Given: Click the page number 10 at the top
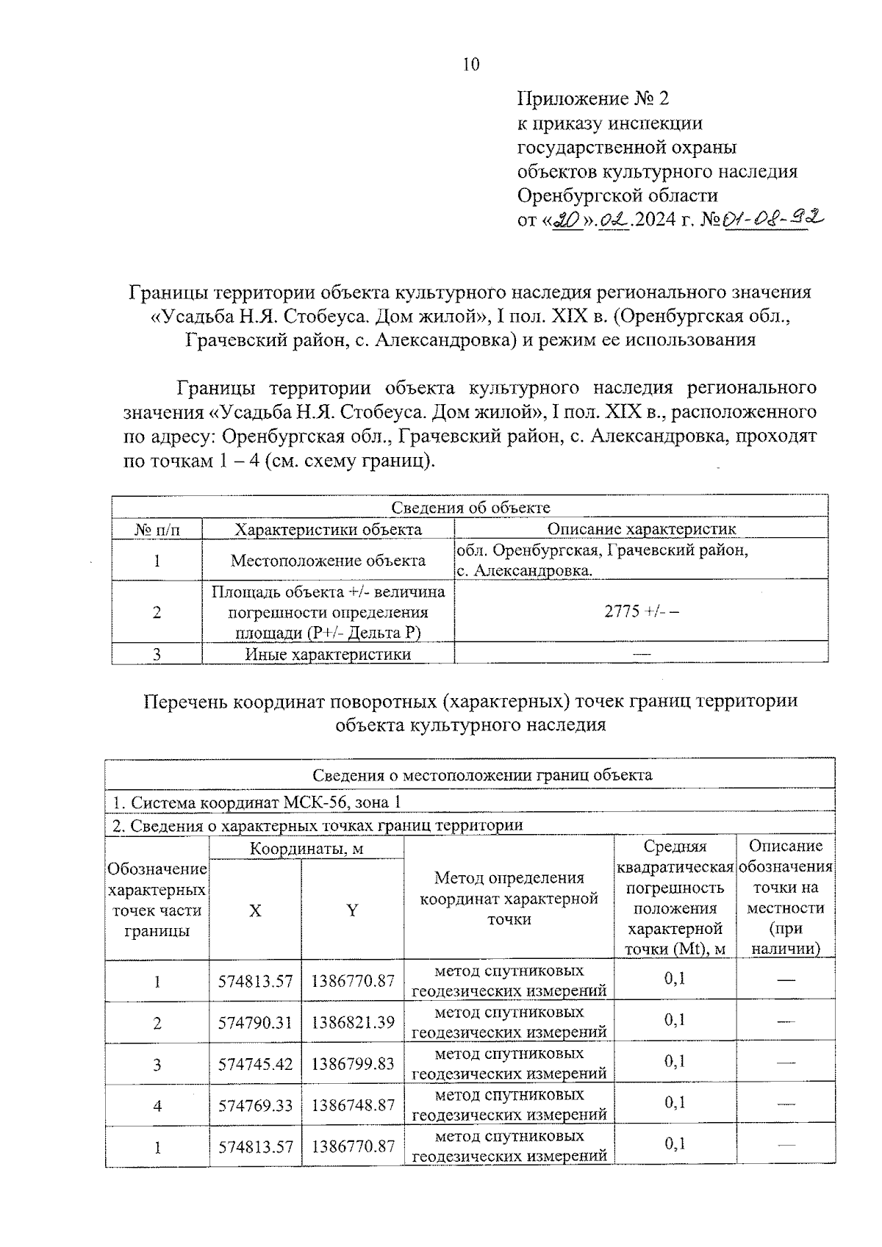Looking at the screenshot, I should (471, 65).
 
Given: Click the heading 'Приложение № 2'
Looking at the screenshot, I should (593, 98).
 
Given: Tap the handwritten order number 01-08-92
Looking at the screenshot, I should (772, 218).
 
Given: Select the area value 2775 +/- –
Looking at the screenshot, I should (641, 611).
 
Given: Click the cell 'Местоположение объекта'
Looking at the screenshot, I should (328, 561).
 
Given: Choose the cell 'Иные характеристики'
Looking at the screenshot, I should (328, 654).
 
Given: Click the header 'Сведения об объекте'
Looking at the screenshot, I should (470, 507).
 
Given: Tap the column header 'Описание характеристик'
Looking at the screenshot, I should (641, 529).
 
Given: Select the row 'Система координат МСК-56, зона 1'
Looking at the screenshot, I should (257, 802).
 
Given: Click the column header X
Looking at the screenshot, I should (254, 910).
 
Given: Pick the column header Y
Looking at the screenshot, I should (352, 910).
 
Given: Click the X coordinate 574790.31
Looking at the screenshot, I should (255, 1022).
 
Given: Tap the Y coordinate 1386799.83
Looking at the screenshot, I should (353, 1063).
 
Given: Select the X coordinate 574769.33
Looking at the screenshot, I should (255, 1104).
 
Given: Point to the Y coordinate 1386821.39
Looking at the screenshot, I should (353, 1022).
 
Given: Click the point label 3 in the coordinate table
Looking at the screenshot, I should (157, 1064).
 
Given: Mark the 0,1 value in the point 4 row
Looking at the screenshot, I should (674, 1102).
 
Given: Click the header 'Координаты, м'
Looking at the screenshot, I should (306, 849).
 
